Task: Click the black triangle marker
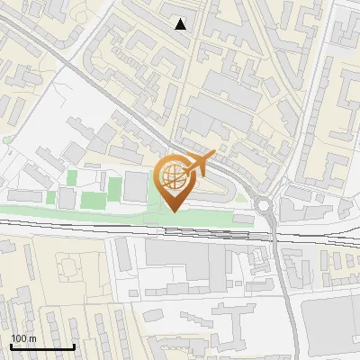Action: [181, 24]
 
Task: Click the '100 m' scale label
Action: [24, 338]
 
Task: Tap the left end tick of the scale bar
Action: [11, 345]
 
